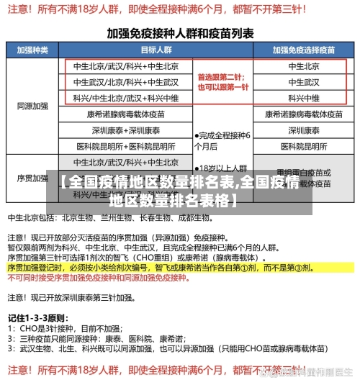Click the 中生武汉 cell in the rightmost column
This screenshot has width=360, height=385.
click(303, 82)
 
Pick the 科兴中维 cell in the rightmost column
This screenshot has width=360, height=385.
click(303, 98)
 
